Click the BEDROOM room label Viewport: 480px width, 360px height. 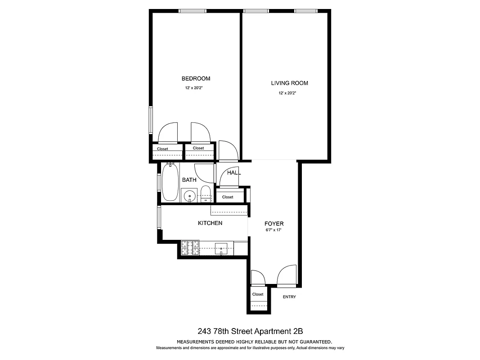coord(196,79)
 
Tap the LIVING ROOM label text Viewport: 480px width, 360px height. coord(289,83)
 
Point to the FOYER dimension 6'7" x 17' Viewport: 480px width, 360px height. coord(274,231)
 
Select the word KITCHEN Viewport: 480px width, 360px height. coord(210,223)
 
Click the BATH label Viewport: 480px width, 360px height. coord(189,180)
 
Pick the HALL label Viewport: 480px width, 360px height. coord(234,173)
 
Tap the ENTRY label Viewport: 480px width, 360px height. coord(289,297)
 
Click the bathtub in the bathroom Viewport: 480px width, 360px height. coord(170,182)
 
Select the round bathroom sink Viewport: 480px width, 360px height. coord(190,196)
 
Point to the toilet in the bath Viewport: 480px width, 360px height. coord(205,193)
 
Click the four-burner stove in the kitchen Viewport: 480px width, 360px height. coord(190,248)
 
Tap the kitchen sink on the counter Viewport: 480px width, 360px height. coord(222,248)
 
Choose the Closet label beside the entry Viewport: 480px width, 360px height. coord(258,294)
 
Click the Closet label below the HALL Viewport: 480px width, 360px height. coord(228,197)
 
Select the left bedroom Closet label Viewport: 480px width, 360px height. coord(162,149)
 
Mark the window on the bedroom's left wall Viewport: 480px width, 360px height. coord(151,120)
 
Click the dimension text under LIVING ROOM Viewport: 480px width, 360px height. coord(287,93)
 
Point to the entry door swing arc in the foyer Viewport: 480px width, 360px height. coord(287,275)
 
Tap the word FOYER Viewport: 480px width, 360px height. coord(274,224)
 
